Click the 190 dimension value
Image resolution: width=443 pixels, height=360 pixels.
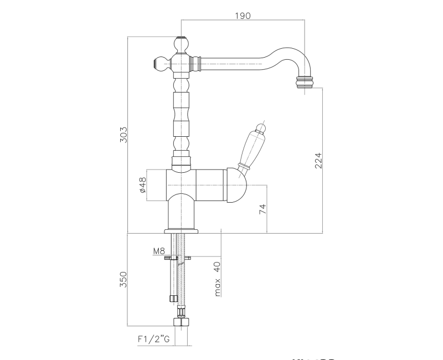[x=242, y=15]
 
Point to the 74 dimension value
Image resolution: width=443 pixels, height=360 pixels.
[x=262, y=209]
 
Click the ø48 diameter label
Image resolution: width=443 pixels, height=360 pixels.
[x=142, y=184]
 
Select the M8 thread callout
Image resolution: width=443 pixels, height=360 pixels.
[x=159, y=251]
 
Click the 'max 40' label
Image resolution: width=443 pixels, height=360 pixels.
[x=217, y=279]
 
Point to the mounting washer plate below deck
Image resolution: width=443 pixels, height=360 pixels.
[x=180, y=257]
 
